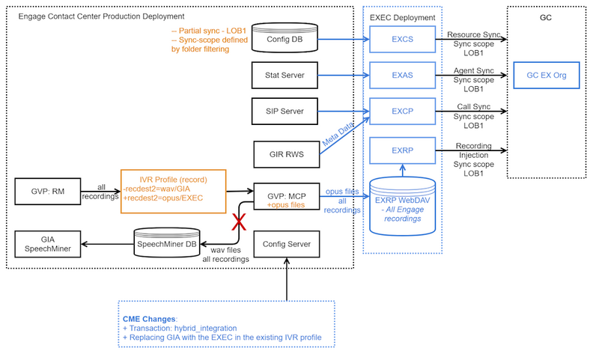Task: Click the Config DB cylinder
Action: click(286, 38)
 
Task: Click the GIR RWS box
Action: click(286, 155)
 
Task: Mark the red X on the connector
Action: click(239, 222)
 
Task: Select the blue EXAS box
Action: click(402, 76)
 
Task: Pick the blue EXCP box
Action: click(402, 112)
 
